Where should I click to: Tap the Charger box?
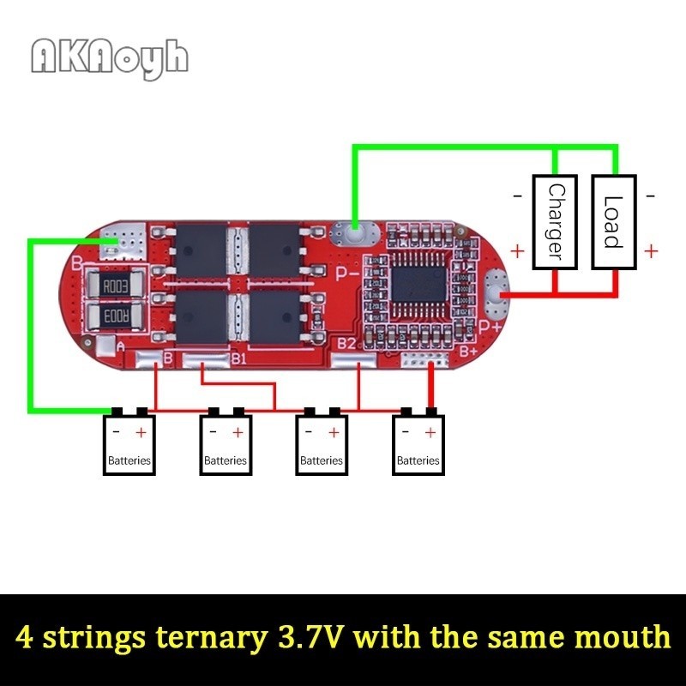pyautogui.click(x=555, y=222)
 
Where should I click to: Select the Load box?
pyautogui.click(x=614, y=222)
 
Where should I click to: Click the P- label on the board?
pyautogui.click(x=348, y=274)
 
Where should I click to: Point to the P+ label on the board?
pyautogui.click(x=490, y=327)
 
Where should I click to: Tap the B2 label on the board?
pyautogui.click(x=347, y=344)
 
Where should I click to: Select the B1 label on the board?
pyautogui.click(x=239, y=359)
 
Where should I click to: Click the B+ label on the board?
pyautogui.click(x=467, y=351)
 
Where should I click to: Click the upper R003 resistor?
pyautogui.click(x=116, y=286)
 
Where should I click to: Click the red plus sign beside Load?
pyautogui.click(x=651, y=251)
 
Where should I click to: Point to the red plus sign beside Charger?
pyautogui.click(x=517, y=251)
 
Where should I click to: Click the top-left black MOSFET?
pyautogui.click(x=201, y=250)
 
